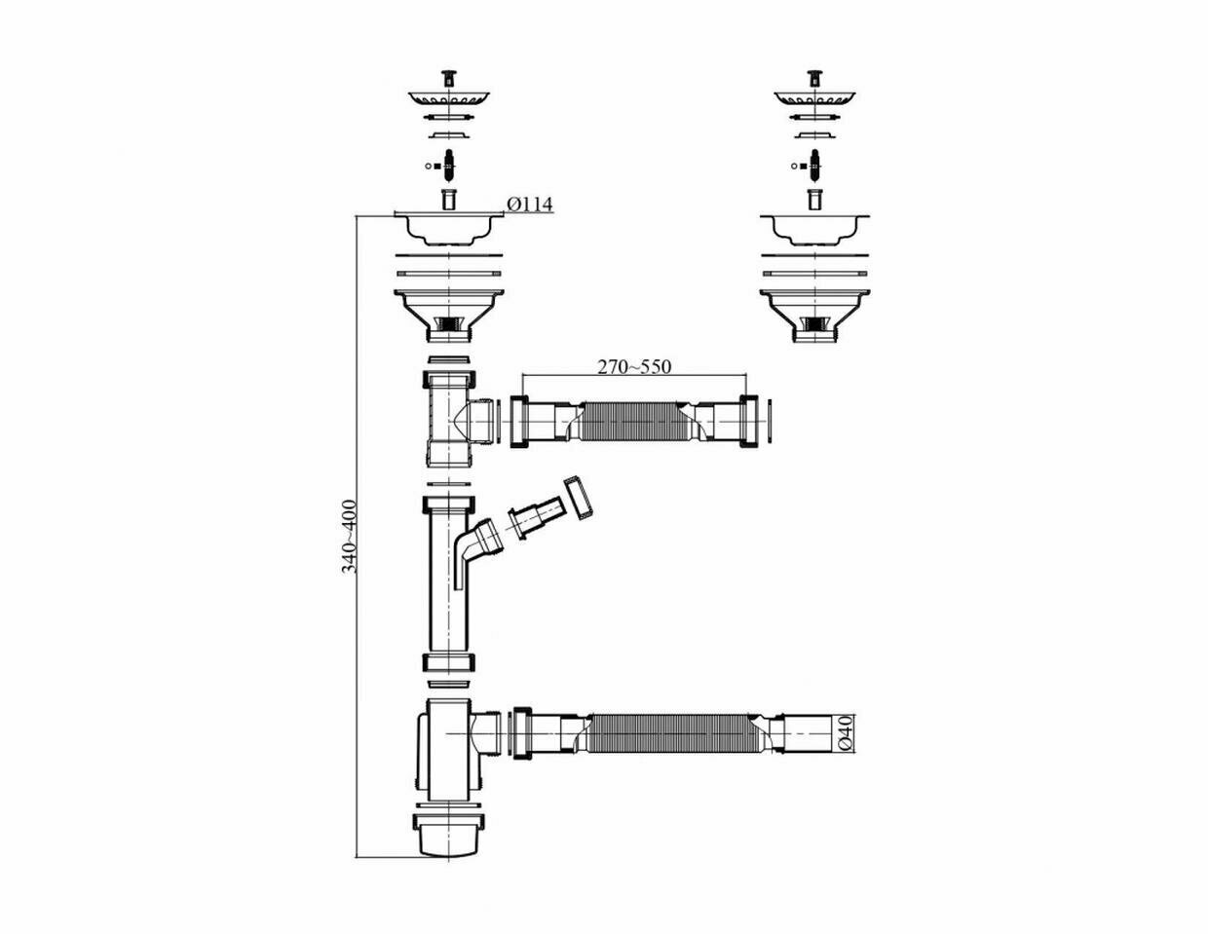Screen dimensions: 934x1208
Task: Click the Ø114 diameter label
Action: click(x=530, y=205)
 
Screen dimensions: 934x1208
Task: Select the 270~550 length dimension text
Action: click(x=634, y=367)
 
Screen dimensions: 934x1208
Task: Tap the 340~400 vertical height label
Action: click(x=349, y=536)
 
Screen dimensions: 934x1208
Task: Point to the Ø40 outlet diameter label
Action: click(x=846, y=732)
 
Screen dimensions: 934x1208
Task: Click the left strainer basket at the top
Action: click(x=448, y=98)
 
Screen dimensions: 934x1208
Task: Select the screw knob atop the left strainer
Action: click(x=448, y=76)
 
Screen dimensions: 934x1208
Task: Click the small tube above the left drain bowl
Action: click(x=448, y=200)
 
